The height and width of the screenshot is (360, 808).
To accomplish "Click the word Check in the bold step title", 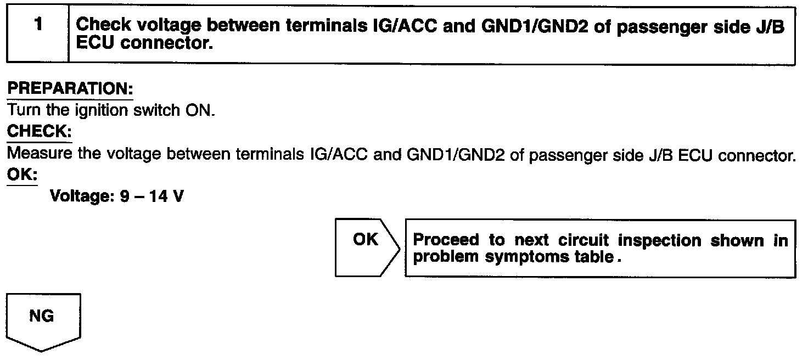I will coord(103,25).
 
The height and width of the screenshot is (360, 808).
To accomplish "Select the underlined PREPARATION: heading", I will coord(70,89).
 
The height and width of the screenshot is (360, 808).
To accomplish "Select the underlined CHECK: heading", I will coord(39,132).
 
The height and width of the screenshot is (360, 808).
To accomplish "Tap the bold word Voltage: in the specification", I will coord(81,196).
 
